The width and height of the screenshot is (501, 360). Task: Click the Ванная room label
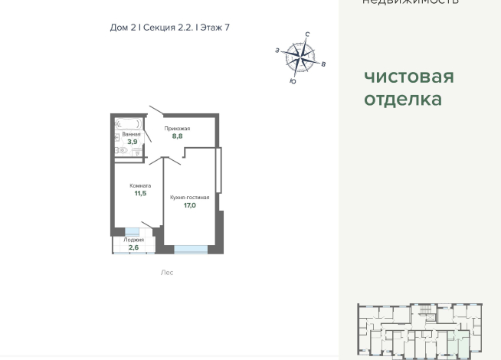(131, 134)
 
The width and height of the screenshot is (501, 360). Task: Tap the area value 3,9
(132, 142)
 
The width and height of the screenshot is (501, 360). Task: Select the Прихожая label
(177, 129)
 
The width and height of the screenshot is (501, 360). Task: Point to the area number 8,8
(177, 136)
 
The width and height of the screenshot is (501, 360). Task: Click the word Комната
(140, 185)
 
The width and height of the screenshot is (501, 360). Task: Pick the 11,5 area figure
(140, 194)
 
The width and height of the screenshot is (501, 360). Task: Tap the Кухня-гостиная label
(189, 197)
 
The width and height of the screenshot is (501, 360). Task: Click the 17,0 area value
(189, 205)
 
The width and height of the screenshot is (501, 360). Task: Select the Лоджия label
(134, 240)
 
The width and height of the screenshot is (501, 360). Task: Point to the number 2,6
(133, 247)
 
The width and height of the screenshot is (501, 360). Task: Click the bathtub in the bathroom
(128, 123)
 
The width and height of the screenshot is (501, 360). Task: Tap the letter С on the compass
(307, 34)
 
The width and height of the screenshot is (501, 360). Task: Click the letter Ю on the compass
(293, 81)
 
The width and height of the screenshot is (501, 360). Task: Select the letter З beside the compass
(277, 51)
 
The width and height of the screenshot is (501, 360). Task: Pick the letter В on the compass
(323, 64)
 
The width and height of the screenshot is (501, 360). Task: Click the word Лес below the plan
(167, 273)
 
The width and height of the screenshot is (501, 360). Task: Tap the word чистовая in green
(408, 77)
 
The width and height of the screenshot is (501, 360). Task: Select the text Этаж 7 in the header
(214, 28)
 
